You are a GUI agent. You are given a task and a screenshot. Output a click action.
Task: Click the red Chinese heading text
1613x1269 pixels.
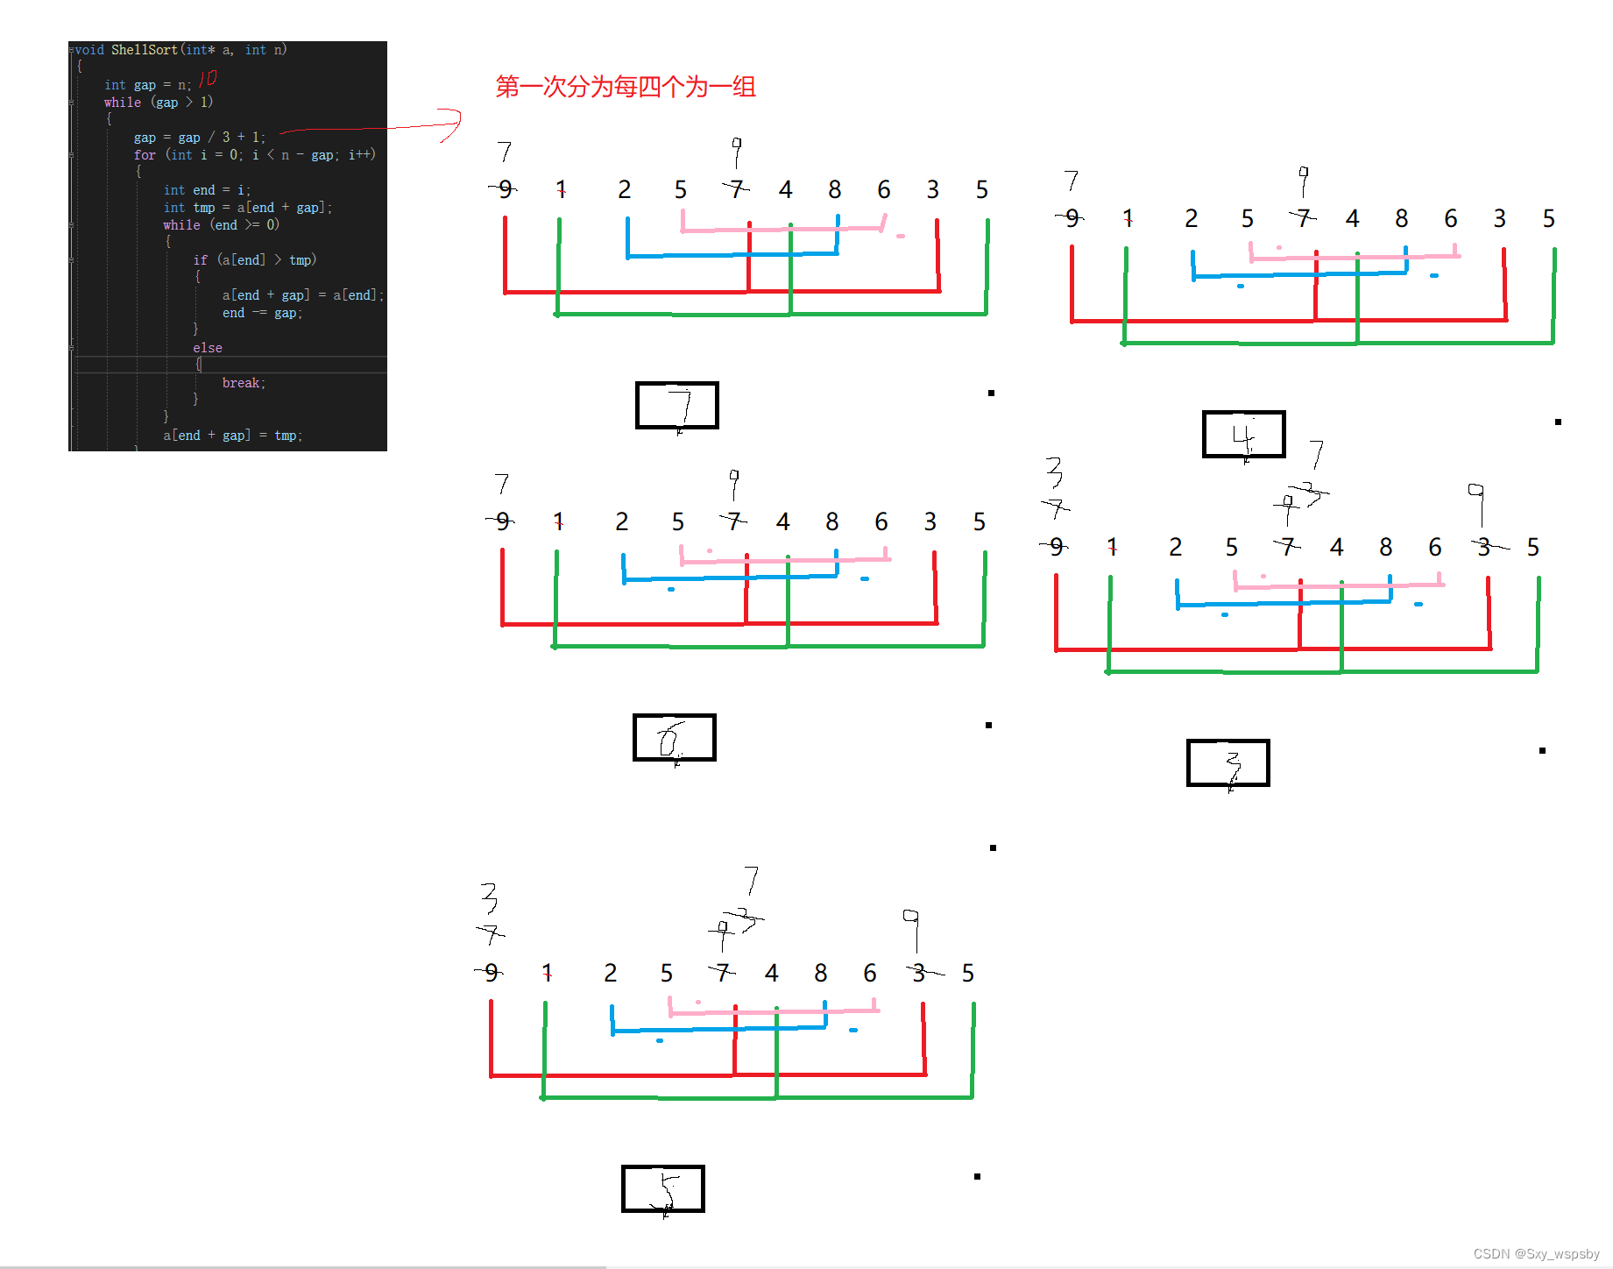625,87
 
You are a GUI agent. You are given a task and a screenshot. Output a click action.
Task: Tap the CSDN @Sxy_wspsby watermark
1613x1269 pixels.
1536,1254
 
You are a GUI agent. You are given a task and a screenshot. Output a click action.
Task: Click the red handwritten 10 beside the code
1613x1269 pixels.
208,79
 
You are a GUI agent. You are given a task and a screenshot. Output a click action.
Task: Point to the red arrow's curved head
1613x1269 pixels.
450,124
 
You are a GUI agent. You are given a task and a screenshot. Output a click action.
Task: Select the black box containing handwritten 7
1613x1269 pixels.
676,406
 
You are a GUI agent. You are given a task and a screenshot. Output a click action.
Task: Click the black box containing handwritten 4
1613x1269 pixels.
1243,435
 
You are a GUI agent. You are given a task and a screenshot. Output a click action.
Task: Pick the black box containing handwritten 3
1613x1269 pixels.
1227,762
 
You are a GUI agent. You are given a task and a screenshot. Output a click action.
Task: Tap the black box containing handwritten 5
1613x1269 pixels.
662,1189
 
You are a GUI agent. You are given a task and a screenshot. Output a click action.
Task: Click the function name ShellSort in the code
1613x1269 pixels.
144,50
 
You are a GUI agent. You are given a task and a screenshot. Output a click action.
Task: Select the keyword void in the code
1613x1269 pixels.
89,50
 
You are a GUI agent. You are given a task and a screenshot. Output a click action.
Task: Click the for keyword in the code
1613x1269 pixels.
145,155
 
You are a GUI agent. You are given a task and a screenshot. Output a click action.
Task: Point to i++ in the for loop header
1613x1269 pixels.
361,155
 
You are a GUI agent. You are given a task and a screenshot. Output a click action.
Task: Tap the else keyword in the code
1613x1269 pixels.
208,348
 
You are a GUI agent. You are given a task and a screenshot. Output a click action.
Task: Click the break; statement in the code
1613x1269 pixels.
244,383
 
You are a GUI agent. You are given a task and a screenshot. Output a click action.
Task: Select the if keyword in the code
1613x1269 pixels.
200,260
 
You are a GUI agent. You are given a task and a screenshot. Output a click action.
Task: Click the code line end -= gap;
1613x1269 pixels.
261,313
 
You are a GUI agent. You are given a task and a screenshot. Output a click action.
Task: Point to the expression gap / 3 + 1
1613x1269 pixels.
219,138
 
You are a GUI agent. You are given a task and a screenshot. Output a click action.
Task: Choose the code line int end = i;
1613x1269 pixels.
207,190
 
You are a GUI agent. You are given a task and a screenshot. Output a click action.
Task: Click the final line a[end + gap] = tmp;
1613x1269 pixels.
232,436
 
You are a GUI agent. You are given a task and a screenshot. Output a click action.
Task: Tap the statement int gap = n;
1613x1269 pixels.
147,85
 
